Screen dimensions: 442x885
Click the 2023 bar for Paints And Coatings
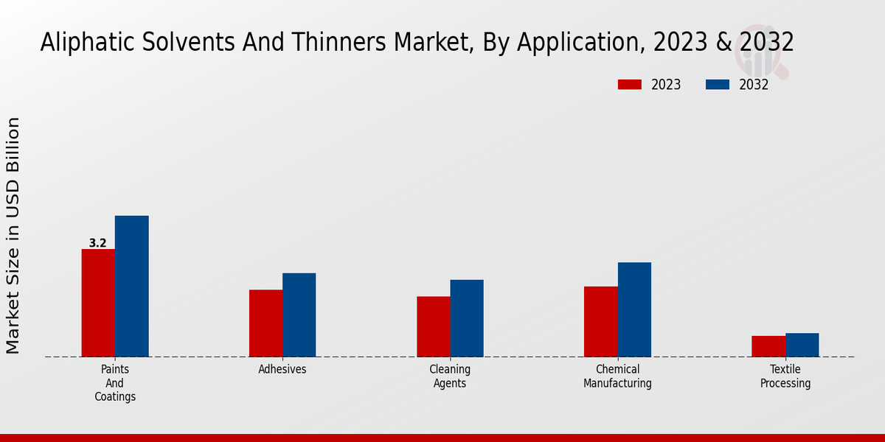(98, 303)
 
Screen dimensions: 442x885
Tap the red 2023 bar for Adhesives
(265, 323)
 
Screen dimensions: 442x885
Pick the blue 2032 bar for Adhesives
(299, 315)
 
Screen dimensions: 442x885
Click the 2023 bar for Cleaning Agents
(433, 326)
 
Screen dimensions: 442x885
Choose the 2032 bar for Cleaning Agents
(467, 318)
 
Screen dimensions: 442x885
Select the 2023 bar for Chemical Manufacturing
(600, 321)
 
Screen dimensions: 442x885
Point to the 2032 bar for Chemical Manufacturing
(634, 309)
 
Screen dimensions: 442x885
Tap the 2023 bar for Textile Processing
(768, 346)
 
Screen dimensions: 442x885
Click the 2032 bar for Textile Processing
(802, 345)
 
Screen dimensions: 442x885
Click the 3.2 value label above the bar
(97, 243)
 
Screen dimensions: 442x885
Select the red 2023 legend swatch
(630, 85)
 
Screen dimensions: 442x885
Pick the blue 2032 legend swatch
(718, 85)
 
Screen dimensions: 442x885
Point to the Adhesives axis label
(282, 369)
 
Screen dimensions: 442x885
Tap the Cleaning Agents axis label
(450, 376)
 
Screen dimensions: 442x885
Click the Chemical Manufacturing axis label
(617, 376)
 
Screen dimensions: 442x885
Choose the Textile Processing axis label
(785, 376)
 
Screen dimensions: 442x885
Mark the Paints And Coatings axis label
(115, 382)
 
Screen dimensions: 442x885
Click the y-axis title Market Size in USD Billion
(13, 235)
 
